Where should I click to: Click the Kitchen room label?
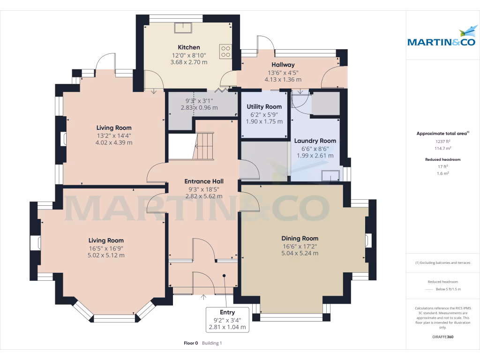[x=188, y=47]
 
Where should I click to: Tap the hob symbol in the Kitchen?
[x=225, y=50]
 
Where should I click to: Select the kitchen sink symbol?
[x=181, y=28]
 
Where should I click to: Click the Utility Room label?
[x=264, y=107]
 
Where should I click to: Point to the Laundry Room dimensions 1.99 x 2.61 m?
[x=315, y=156]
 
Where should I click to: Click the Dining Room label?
[x=300, y=238]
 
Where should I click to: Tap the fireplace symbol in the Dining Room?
[x=368, y=240]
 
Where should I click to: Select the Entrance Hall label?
[x=203, y=181]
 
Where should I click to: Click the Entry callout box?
[x=227, y=320]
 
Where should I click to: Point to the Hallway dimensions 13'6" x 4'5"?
[x=283, y=73]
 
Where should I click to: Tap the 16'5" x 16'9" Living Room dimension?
[x=106, y=248]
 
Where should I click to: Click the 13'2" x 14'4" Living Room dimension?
[x=113, y=135]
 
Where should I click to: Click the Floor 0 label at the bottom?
[x=191, y=343]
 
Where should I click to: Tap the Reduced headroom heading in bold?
[x=442, y=159]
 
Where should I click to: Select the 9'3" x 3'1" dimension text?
[x=199, y=100]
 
